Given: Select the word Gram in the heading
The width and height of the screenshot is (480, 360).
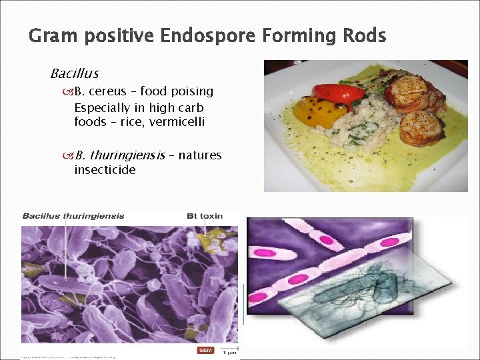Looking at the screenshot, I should tap(51, 35).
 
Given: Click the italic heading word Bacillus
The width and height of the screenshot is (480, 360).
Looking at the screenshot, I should tap(74, 73).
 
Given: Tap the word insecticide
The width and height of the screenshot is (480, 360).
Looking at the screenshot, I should tap(105, 170).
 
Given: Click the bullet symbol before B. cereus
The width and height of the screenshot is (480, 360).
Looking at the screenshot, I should tap(69, 92).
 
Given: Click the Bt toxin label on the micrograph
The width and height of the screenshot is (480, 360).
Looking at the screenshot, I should tap(204, 216).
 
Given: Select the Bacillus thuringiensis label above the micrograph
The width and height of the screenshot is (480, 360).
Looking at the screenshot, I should tap(73, 216).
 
